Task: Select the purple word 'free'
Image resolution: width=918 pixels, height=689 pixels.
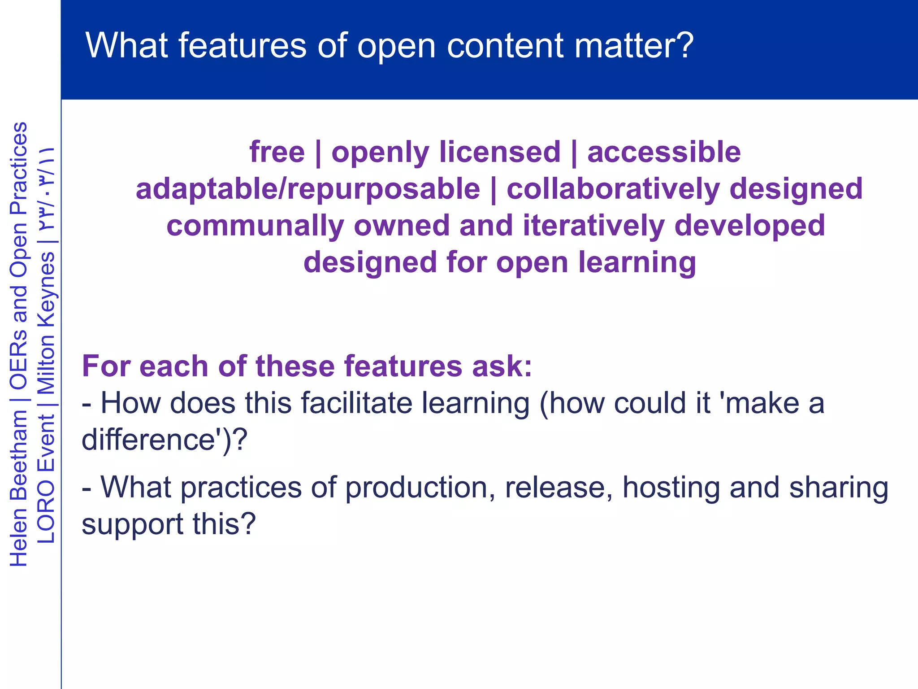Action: pos(277,152)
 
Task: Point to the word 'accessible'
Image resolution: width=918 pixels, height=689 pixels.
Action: pos(664,152)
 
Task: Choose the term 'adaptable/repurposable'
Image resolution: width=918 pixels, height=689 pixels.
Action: pos(308,189)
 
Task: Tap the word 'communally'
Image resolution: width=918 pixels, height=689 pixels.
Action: pos(255,226)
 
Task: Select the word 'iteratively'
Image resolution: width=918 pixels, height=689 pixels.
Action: pos(593,226)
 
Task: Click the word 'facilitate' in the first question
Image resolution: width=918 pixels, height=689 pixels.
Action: pos(356,403)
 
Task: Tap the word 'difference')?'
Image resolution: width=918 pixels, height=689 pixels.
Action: pos(164,439)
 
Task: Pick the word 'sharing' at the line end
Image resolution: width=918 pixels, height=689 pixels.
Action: pos(838,488)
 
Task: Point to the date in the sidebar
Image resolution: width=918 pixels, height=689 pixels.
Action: pos(46,188)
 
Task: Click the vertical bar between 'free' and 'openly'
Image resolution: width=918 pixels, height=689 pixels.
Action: pos(318,153)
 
